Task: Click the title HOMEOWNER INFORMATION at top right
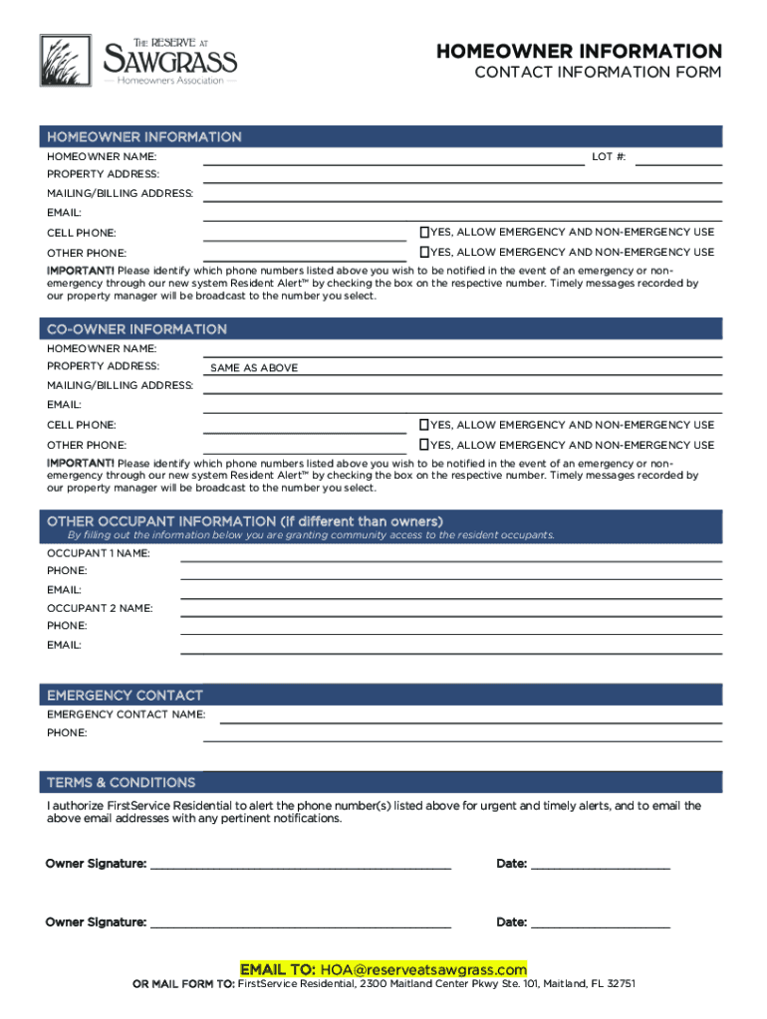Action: point(579,51)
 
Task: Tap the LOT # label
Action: point(609,157)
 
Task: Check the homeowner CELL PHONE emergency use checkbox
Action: point(423,232)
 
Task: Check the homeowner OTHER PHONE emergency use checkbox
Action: point(423,252)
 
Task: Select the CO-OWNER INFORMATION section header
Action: point(137,328)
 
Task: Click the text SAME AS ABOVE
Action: point(254,368)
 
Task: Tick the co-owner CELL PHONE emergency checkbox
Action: point(423,425)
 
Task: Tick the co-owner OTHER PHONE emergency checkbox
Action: point(423,445)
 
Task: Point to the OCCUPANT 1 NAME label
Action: point(98,552)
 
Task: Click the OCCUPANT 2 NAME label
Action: point(100,608)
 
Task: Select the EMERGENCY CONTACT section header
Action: point(125,695)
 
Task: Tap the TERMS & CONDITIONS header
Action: point(122,782)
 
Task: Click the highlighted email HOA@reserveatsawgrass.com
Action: point(422,969)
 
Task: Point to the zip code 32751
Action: point(619,984)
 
